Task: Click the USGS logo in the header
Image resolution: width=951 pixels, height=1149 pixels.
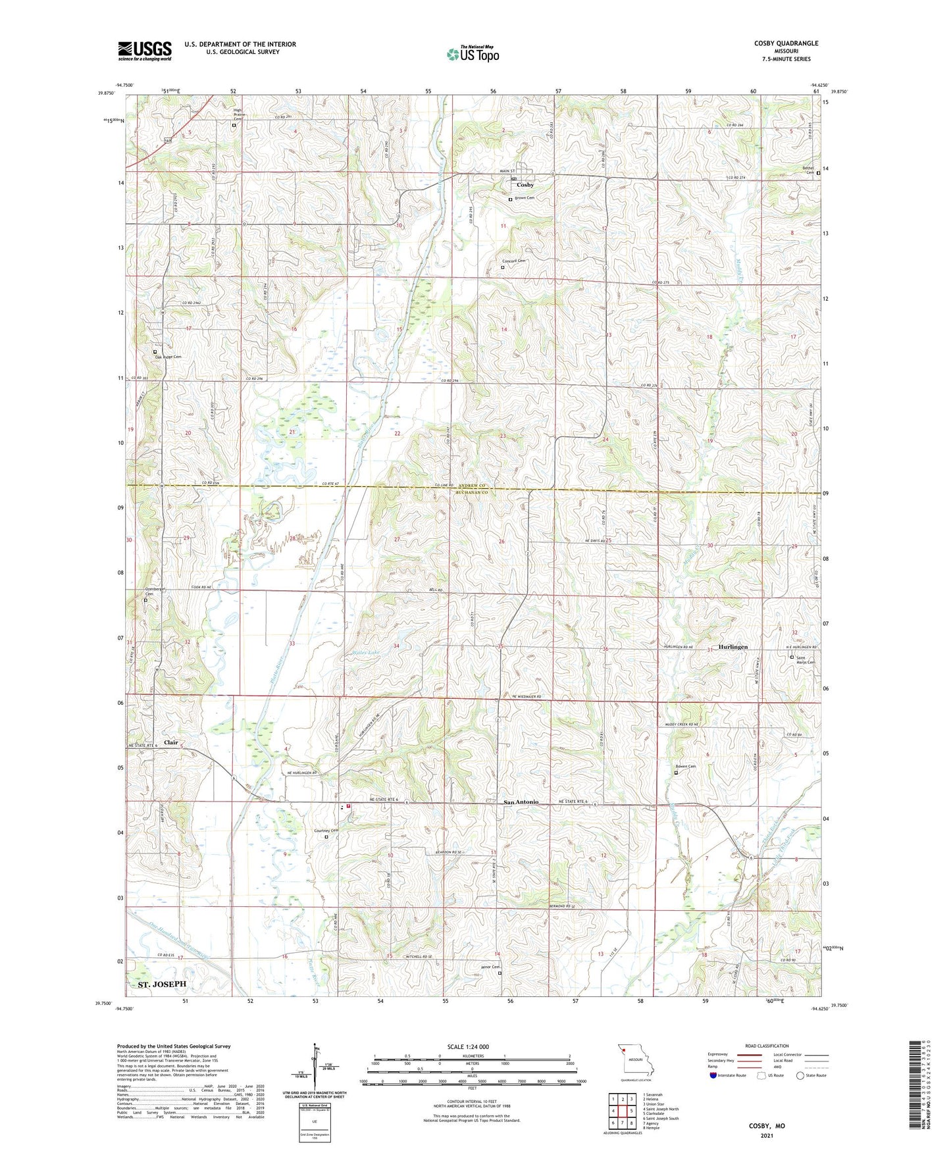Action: tap(145, 51)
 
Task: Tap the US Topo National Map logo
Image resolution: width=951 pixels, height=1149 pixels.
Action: tap(473, 53)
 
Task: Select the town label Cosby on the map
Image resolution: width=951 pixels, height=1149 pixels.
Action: tap(525, 185)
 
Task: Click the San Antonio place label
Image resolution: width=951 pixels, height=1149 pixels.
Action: tap(521, 802)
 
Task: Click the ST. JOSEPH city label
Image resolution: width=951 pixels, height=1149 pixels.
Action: tap(162, 984)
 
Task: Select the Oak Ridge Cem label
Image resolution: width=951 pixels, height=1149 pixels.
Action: tap(167, 357)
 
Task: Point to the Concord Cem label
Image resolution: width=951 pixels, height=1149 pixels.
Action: tap(515, 261)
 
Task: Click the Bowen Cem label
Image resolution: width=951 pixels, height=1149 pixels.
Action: tap(685, 767)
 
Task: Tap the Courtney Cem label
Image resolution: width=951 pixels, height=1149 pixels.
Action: tap(326, 831)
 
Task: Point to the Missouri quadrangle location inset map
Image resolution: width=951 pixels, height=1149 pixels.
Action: tap(635, 1062)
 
